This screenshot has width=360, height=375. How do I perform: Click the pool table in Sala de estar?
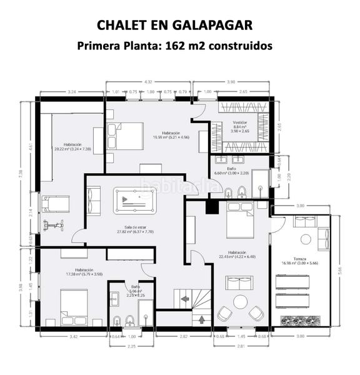pyautogui.click(x=136, y=201)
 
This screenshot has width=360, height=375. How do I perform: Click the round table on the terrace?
pyautogui.click(x=305, y=239)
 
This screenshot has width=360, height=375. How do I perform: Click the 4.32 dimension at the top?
pyautogui.click(x=148, y=82)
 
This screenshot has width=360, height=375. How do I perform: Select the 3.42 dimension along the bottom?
pyautogui.click(x=73, y=337)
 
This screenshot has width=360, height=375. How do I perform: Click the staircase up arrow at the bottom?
pyautogui.click(x=202, y=320)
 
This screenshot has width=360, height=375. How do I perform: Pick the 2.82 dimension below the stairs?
pyautogui.click(x=184, y=337)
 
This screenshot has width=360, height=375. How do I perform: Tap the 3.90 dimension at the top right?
pyautogui.click(x=231, y=82)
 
